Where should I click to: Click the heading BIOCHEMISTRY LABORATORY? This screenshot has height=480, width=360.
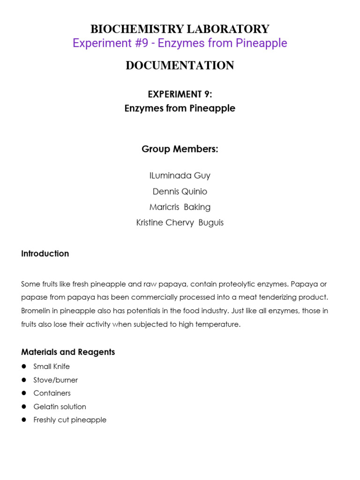(180, 29)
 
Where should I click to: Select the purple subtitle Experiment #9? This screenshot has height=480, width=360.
(180, 43)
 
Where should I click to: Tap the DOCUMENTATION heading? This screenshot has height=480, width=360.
(180, 66)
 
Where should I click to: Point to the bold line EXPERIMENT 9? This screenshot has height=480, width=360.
(180, 94)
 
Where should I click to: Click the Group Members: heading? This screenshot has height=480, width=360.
(180, 149)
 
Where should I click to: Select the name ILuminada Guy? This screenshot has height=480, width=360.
(180, 176)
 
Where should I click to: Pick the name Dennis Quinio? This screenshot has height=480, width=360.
(180, 191)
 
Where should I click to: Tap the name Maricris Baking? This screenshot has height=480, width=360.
(180, 207)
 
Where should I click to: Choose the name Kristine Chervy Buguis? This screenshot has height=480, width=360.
(180, 223)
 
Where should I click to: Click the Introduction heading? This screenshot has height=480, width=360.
(45, 254)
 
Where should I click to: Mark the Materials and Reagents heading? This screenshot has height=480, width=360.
(68, 352)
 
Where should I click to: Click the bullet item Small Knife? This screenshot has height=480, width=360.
(52, 367)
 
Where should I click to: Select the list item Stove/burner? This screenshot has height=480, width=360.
(56, 380)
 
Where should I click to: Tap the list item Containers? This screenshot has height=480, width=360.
(52, 393)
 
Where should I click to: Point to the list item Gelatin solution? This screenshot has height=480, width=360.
(60, 406)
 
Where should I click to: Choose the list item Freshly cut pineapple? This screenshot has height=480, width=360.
(70, 420)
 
